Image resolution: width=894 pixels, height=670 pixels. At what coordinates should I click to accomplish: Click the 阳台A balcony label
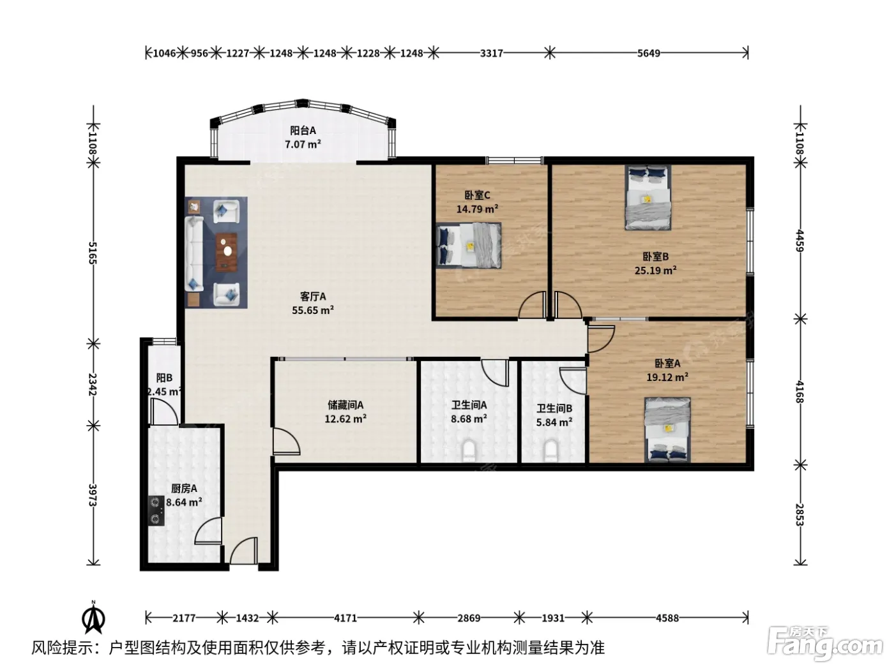(x=303, y=131)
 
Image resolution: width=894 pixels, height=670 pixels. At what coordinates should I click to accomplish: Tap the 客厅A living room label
(x=313, y=297)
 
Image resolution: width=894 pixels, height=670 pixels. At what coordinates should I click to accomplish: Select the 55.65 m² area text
(x=313, y=310)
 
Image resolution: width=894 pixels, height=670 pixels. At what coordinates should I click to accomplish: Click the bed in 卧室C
(x=468, y=245)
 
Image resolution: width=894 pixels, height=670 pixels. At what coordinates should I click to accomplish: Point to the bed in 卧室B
(x=648, y=198)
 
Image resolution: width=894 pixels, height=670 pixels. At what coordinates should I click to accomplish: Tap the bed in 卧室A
(x=667, y=430)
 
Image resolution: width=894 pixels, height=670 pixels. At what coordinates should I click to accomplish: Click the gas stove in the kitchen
(x=156, y=510)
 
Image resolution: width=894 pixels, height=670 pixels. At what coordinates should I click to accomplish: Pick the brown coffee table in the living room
(x=227, y=252)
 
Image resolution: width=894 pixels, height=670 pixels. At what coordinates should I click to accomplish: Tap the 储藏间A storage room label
(x=345, y=405)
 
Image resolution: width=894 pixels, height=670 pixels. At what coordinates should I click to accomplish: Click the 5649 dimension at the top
(x=648, y=54)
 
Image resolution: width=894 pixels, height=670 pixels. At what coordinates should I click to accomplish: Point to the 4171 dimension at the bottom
(x=345, y=618)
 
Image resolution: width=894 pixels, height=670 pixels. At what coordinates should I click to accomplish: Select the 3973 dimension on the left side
(x=93, y=495)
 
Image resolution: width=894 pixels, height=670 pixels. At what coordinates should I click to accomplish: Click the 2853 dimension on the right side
(x=799, y=514)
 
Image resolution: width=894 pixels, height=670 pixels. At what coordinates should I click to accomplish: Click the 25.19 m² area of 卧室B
(x=655, y=271)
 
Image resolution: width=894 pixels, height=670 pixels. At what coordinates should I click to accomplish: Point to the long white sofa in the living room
(x=194, y=254)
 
